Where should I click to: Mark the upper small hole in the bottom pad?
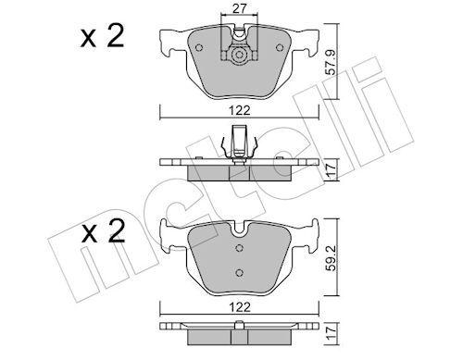[240, 248]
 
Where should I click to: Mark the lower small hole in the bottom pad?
[240, 271]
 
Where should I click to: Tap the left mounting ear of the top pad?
[170, 43]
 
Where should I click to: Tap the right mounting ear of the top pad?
[309, 43]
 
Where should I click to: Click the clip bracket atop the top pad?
[240, 39]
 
